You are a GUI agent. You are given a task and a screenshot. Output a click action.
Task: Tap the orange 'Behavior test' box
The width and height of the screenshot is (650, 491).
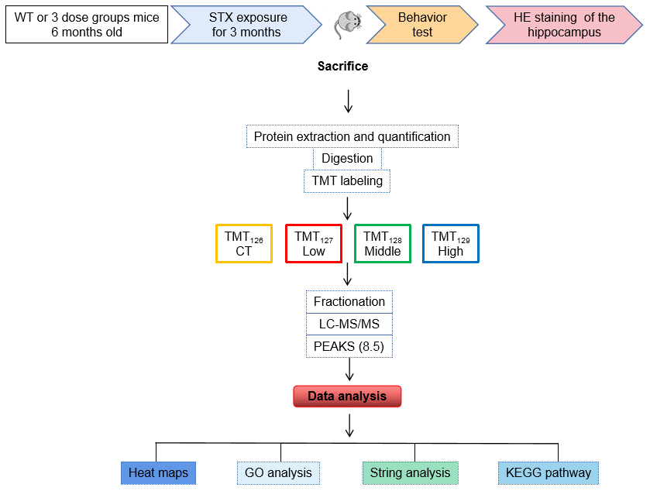coord(422,25)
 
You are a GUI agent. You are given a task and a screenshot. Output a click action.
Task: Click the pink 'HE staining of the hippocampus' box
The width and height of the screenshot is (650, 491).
coord(564,25)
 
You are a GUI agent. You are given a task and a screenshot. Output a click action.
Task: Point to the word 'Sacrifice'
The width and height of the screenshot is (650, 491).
coord(342,67)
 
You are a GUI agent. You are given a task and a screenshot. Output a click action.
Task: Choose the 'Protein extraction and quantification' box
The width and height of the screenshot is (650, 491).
coord(353,137)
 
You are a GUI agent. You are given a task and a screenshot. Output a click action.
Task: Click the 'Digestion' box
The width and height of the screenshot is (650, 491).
coord(347,159)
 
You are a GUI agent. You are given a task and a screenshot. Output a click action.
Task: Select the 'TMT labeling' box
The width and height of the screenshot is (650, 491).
coord(347,181)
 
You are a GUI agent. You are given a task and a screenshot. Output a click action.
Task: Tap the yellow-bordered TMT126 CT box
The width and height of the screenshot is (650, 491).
coord(243,244)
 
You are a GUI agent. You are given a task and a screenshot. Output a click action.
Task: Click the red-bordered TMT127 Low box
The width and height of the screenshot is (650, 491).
coord(314,244)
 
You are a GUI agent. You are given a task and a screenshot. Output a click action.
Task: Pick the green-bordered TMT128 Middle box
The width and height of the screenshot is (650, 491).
coord(383,244)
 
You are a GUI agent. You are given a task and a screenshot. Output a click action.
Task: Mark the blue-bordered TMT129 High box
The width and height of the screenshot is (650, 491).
coord(451,244)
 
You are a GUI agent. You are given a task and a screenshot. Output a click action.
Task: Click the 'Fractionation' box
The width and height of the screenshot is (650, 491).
coord(349,302)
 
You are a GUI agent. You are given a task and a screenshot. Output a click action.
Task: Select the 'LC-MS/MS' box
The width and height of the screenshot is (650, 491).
coord(349,324)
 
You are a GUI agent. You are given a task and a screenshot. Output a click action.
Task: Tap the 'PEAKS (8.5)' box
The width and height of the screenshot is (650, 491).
coord(349,346)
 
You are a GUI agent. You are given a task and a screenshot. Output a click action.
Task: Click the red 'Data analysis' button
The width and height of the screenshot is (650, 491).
coord(347,397)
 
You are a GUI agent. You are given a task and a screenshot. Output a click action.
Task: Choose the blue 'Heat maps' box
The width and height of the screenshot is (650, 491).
coord(158,472)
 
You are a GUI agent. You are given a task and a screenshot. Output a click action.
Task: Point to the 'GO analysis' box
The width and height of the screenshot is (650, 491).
coord(278,472)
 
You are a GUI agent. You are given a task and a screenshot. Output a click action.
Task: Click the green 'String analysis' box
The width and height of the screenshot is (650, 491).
coord(410,472)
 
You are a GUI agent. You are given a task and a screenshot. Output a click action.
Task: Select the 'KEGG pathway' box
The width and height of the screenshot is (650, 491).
coord(548,472)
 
